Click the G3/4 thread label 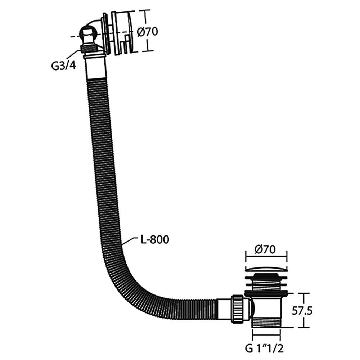(x=63, y=66)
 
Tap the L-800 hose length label (x=155, y=239)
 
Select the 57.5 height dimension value (x=302, y=311)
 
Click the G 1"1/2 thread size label (x=264, y=348)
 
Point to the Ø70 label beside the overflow (x=147, y=31)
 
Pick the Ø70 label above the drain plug (x=265, y=250)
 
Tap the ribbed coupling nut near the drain (x=237, y=309)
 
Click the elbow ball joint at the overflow (x=89, y=37)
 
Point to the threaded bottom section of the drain (x=266, y=322)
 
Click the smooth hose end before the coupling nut (x=224, y=309)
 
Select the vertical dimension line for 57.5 (x=304, y=310)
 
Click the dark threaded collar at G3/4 (x=88, y=49)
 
